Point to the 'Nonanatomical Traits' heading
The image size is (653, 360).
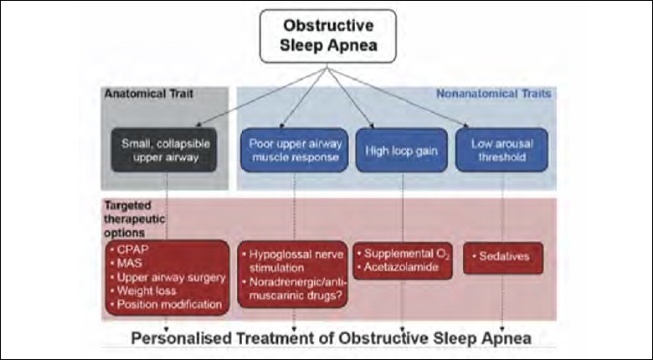coord(493,94)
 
